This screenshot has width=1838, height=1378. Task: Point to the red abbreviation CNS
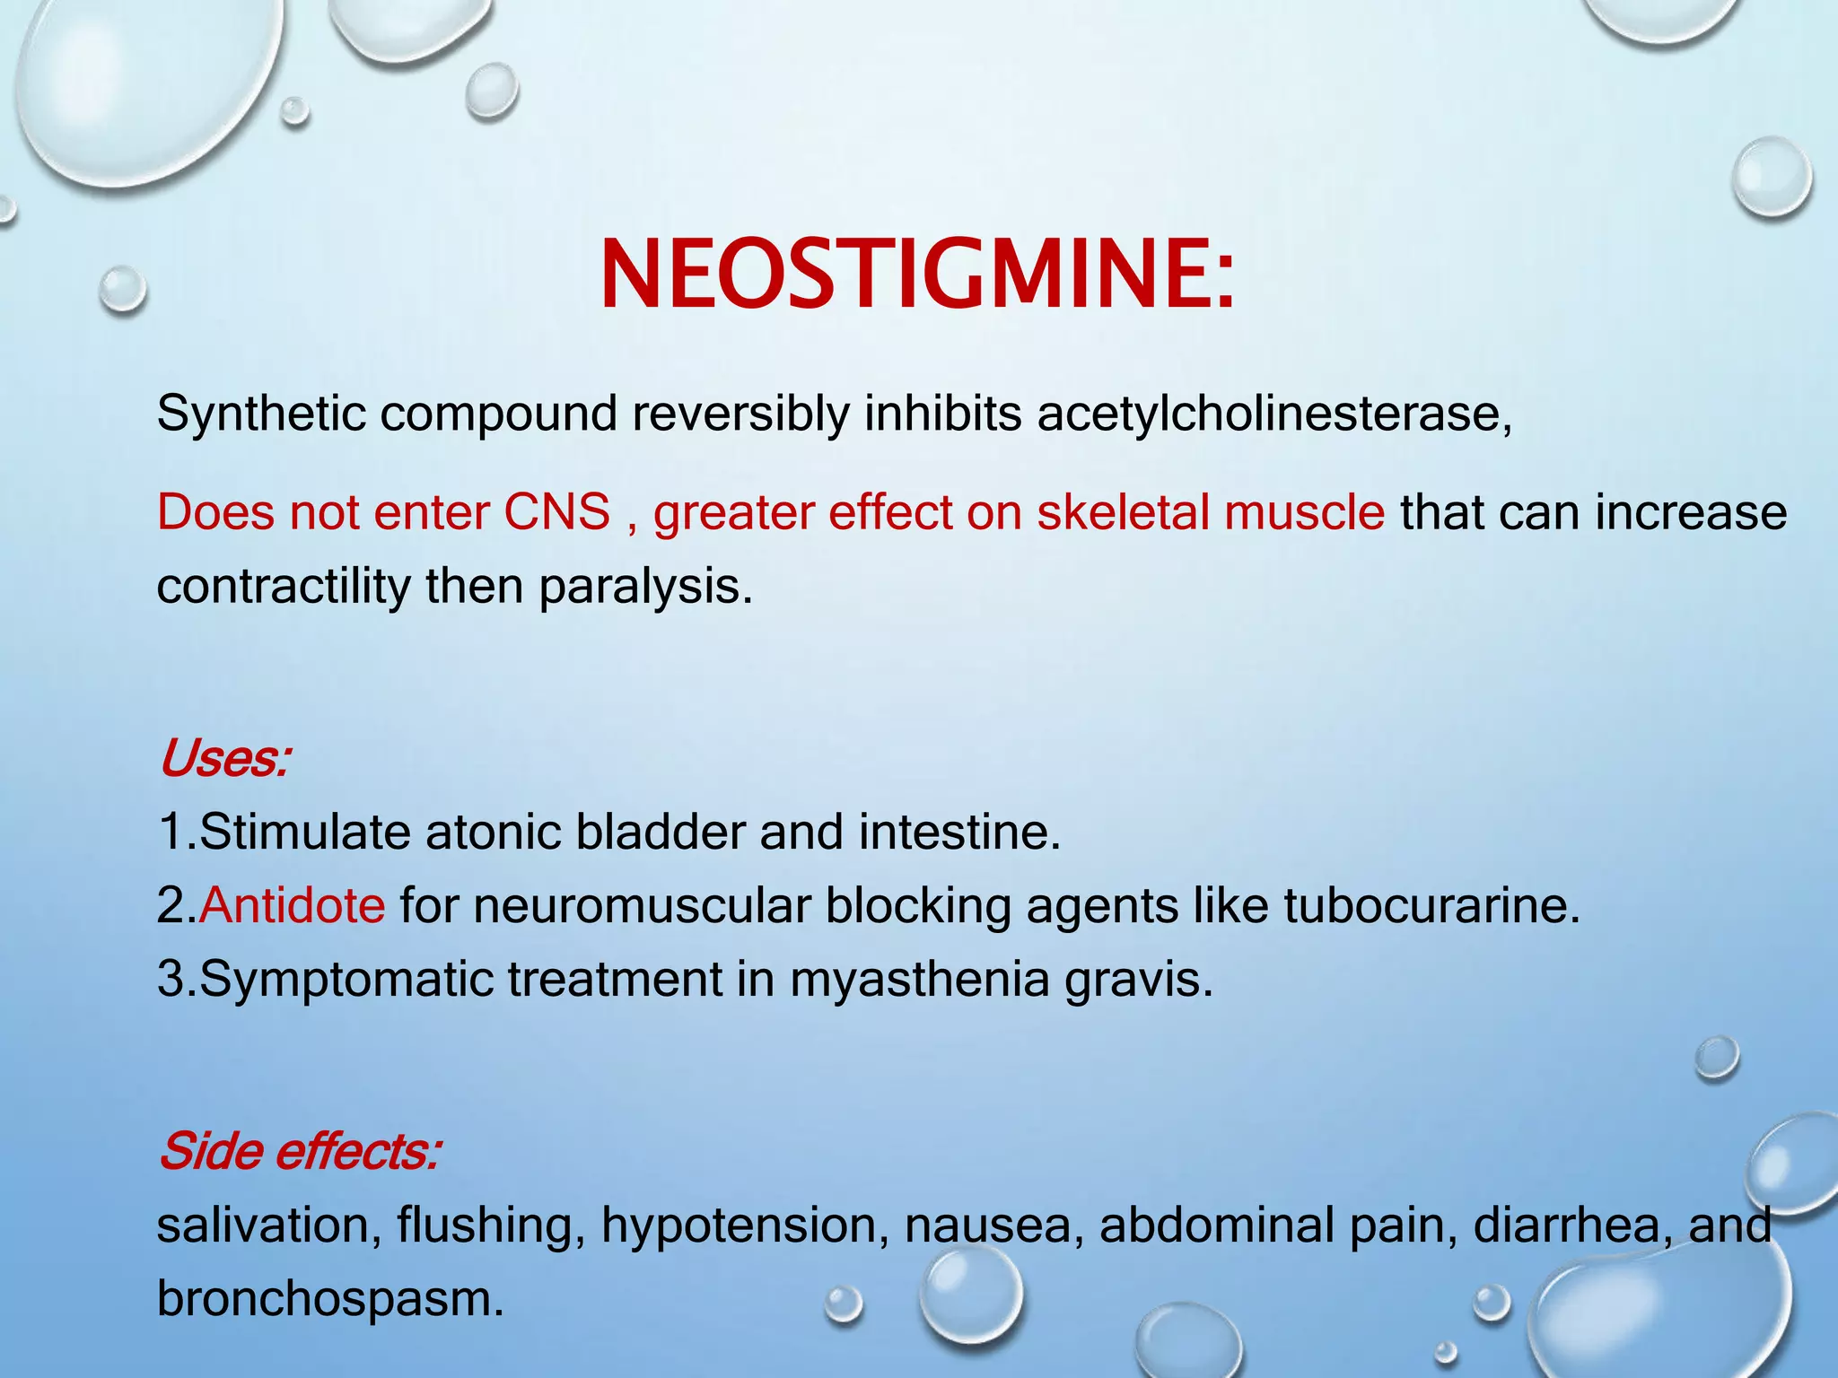pos(556,512)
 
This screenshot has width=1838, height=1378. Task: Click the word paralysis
pos(644,587)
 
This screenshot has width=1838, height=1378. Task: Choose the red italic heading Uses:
pos(224,759)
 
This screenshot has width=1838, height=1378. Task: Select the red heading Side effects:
pos(300,1151)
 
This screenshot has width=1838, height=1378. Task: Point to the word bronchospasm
pos(329,1298)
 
